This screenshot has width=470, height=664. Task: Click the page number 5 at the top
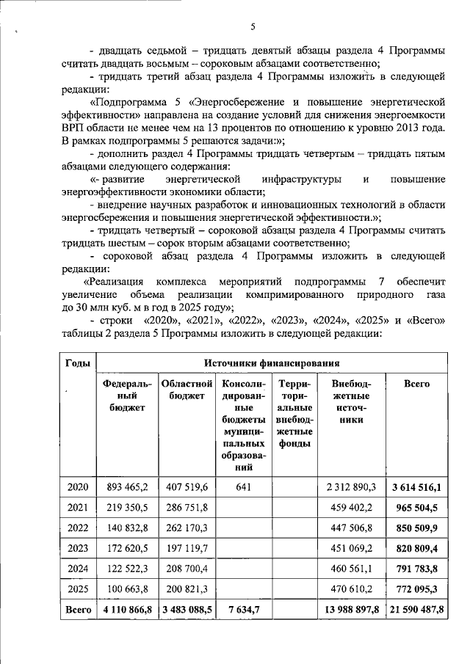point(252,27)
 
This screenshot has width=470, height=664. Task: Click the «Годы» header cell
point(78,362)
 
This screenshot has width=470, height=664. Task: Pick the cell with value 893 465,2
point(128,486)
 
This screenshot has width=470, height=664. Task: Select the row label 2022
point(78,528)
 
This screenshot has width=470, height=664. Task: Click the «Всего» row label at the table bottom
point(78,610)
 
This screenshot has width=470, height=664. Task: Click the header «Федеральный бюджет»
point(128,396)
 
